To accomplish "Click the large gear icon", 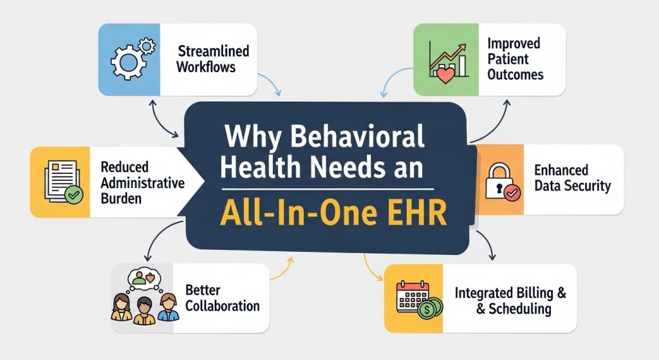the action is coord(127,62).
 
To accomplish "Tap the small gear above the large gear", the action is coord(147,46).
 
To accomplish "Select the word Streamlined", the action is coord(214,52).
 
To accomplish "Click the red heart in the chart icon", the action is coord(445,75).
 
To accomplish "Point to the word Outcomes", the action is coord(515,75).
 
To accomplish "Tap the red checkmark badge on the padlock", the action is coord(512,193).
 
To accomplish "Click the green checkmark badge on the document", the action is coord(73,195).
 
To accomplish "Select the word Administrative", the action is coord(142,183).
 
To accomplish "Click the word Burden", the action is coord(121,198).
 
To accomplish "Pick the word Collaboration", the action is coord(222,306).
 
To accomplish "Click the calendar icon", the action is coord(412,296).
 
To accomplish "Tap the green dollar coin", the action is coord(429,309).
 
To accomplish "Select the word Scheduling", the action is coord(520,308).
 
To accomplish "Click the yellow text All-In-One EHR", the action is coord(333,213).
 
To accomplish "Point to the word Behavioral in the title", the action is coord(357,137).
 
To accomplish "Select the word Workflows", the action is coord(206,67).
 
